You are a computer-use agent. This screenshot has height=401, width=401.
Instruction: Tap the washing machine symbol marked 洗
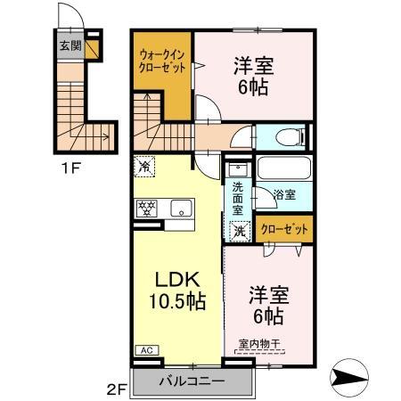click(x=240, y=230)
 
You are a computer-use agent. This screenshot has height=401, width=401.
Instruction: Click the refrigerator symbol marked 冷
click(x=143, y=166)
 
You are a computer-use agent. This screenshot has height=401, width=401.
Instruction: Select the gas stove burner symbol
click(x=145, y=209)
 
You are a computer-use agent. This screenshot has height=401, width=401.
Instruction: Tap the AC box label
click(x=144, y=350)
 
